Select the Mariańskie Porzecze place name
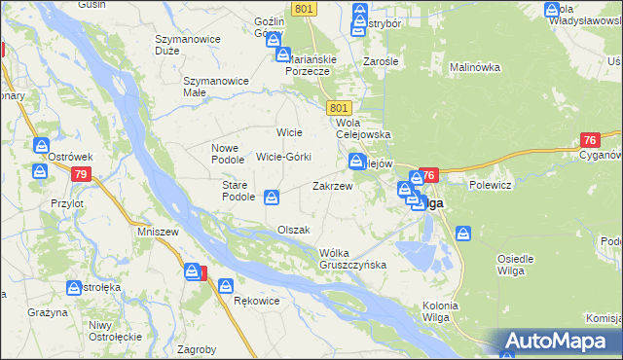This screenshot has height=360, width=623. (x=311, y=64)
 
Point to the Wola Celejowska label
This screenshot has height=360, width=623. (x=362, y=129)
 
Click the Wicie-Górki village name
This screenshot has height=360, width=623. (x=283, y=157)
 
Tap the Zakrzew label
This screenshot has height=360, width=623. (x=332, y=185)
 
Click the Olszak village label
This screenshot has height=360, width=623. (x=293, y=230)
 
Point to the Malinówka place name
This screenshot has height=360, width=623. (x=474, y=67)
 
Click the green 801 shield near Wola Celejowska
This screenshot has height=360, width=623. (x=339, y=107)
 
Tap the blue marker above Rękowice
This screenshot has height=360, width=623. (x=226, y=287)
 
